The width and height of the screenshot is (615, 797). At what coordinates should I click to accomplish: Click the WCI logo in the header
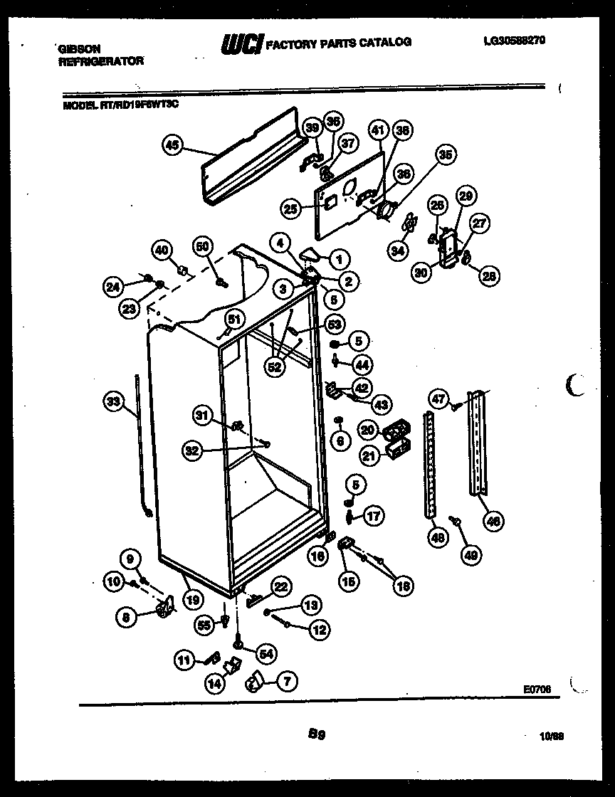(242, 43)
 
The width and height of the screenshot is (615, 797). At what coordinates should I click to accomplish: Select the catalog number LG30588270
(514, 41)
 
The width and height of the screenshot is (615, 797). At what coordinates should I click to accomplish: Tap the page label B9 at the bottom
(317, 732)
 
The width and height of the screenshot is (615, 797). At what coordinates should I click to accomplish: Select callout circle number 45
(172, 147)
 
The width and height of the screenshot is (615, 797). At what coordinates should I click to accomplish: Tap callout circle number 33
(112, 403)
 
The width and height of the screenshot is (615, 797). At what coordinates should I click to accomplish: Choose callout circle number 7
(286, 682)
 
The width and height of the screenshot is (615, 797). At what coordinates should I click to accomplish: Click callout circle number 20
(367, 429)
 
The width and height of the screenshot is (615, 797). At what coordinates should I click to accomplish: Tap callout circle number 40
(162, 250)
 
